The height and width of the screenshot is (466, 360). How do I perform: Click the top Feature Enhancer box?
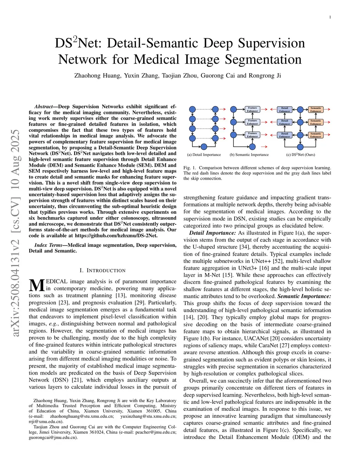(x=252, y=109)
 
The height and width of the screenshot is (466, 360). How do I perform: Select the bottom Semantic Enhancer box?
(x=316, y=135)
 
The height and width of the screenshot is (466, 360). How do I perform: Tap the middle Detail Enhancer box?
(x=284, y=122)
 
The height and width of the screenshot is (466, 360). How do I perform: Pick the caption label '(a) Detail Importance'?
(x=204, y=155)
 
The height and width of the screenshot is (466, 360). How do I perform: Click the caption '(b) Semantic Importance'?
(x=249, y=155)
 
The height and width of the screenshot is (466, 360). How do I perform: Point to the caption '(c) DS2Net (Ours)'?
(x=301, y=155)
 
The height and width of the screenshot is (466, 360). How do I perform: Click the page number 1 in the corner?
(x=330, y=17)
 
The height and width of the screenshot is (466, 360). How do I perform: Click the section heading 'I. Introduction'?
(x=102, y=270)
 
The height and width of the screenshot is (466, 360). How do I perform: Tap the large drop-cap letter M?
(x=37, y=285)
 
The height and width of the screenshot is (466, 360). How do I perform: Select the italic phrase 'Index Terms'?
(x=48, y=245)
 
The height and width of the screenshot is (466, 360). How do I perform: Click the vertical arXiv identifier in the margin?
(x=15, y=232)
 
